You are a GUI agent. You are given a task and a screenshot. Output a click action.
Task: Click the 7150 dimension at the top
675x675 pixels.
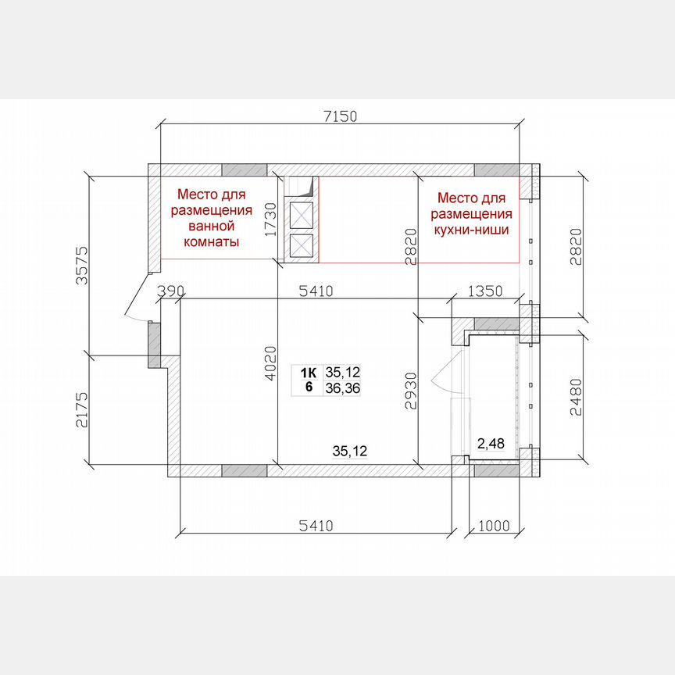tap(340, 116)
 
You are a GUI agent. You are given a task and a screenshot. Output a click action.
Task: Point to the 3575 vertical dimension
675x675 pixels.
tap(82, 265)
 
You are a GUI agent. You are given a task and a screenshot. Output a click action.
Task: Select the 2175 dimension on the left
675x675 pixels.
tap(82, 409)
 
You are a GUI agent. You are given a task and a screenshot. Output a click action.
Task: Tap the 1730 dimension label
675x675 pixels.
tap(270, 220)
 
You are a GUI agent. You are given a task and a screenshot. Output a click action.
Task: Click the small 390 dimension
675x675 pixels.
tap(170, 291)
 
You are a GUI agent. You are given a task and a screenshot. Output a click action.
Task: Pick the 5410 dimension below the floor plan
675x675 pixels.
tap(316, 526)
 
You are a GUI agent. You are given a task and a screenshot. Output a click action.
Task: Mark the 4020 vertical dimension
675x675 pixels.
tap(270, 364)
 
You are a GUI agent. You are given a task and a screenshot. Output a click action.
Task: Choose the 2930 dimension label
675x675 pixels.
tap(411, 391)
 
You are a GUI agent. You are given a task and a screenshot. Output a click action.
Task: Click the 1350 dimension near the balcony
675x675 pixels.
tap(485, 291)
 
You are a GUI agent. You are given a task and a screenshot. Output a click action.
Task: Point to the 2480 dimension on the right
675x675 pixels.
tap(576, 397)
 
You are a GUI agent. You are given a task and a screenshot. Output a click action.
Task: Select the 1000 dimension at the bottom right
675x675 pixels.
tap(494, 526)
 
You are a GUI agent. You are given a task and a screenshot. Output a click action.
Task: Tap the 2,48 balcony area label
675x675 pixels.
tap(491, 444)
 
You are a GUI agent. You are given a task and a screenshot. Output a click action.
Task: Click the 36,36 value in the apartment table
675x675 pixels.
tap(343, 388)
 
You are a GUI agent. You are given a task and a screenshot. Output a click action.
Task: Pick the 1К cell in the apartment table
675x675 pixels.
tap(309, 373)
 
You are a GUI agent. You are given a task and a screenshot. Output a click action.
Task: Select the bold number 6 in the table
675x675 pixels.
tap(309, 387)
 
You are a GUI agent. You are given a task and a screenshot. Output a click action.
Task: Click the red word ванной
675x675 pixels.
tap(212, 226)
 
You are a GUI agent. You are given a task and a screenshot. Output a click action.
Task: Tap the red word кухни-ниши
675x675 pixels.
tap(471, 230)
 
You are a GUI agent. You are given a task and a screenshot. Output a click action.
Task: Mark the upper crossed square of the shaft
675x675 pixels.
tap(302, 216)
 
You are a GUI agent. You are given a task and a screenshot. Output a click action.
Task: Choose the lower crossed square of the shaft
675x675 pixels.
tap(302, 246)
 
